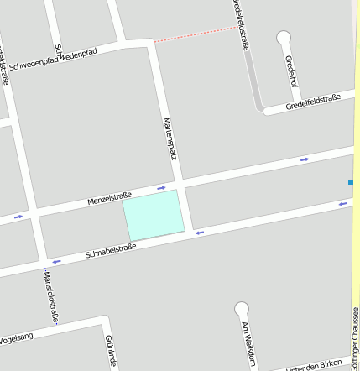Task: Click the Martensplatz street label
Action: (x=170, y=138)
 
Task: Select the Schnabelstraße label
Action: (x=111, y=248)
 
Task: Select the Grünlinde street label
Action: (x=110, y=351)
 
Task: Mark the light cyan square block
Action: (x=154, y=214)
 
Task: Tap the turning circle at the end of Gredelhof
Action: (x=284, y=37)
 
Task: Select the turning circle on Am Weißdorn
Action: (x=242, y=308)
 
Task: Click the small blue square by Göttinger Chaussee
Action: (x=351, y=181)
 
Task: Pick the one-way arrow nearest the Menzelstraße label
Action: (x=161, y=187)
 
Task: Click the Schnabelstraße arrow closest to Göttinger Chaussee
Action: (x=342, y=203)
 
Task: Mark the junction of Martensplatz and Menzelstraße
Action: (x=180, y=182)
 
